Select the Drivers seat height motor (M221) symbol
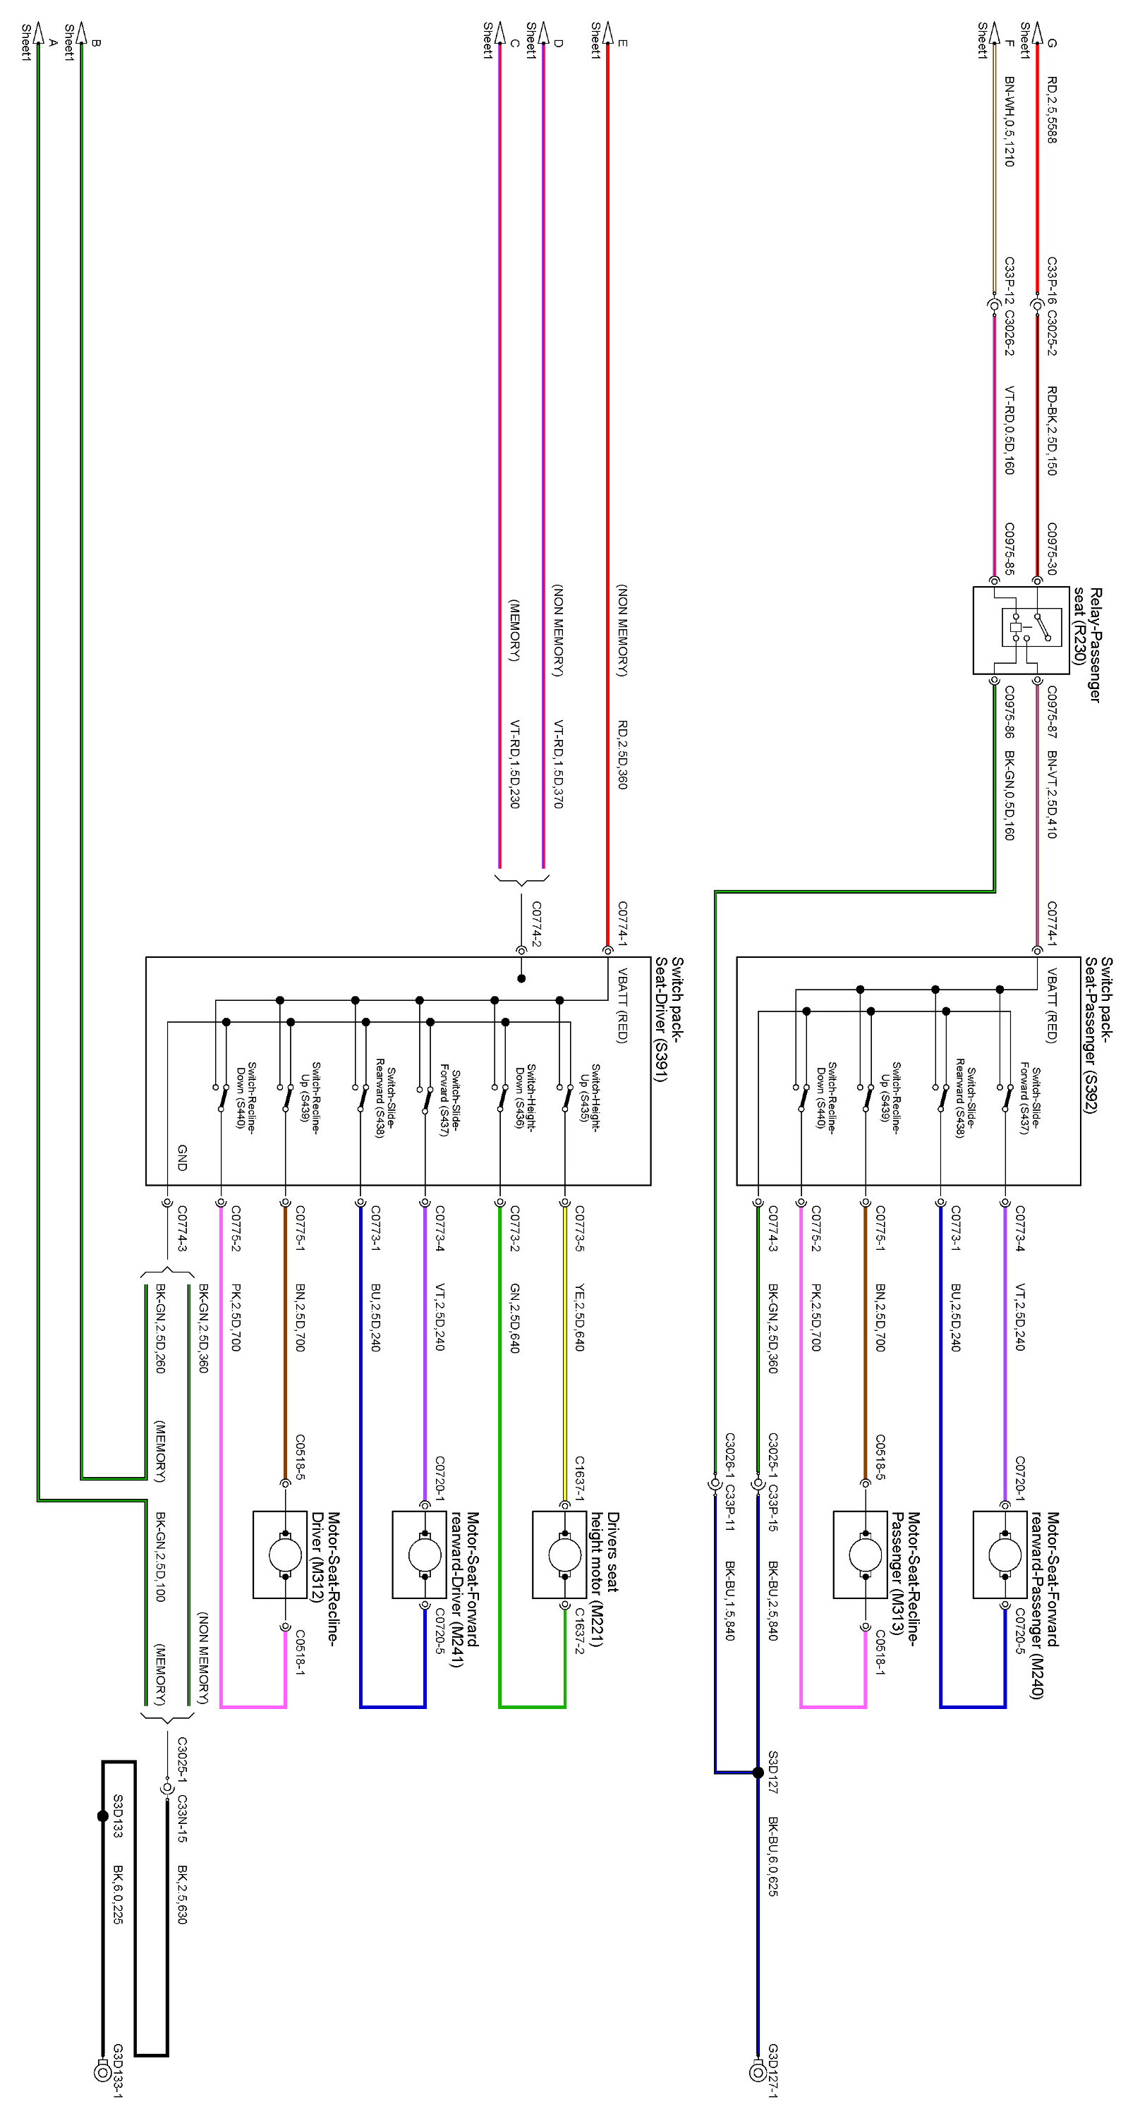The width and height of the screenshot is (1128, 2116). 564,1554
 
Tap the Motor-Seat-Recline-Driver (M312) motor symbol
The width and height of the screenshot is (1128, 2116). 284,1554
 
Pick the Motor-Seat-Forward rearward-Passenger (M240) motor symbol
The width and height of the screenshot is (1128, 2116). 1005,1554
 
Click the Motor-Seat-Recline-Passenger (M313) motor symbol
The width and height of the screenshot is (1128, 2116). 865,1554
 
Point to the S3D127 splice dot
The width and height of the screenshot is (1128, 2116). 758,1773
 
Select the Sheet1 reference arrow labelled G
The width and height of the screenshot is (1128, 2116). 1038,33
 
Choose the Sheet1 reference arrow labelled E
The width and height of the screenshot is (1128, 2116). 608,33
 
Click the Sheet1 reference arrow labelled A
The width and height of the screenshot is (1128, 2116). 38,33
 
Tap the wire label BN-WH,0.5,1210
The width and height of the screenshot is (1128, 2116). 1009,121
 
